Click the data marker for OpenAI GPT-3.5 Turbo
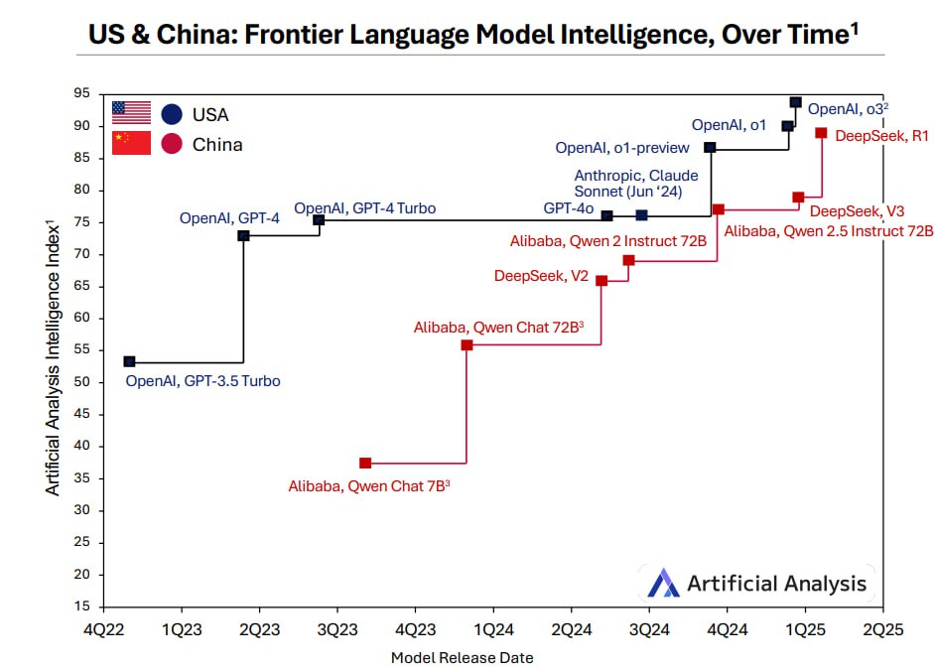pyautogui.click(x=129, y=361)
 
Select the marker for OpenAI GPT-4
pyautogui.click(x=243, y=235)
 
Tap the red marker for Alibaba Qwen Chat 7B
pyautogui.click(x=365, y=463)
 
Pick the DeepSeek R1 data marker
pyautogui.click(x=821, y=133)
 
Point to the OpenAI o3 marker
pyautogui.click(x=795, y=102)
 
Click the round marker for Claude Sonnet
pyautogui.click(x=641, y=215)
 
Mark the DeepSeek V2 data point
pyautogui.click(x=601, y=281)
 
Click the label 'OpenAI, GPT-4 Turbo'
pyautogui.click(x=364, y=208)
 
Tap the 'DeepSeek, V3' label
pyautogui.click(x=857, y=211)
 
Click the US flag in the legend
pyautogui.click(x=131, y=112)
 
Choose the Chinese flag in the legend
pyautogui.click(x=131, y=143)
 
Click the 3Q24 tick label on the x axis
pyautogui.click(x=648, y=628)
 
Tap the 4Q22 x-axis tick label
pyautogui.click(x=103, y=628)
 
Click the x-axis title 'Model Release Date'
pyautogui.click(x=462, y=657)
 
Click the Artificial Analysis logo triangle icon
pyautogui.click(x=663, y=583)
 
